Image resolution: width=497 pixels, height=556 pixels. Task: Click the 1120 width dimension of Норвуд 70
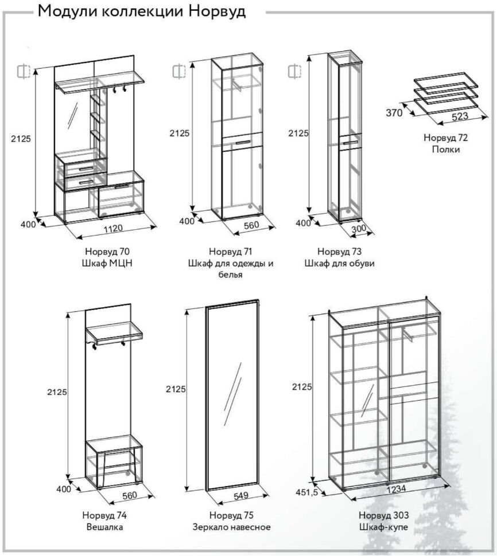[114, 228]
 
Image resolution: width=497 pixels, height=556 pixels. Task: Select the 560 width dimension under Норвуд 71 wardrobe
[252, 225]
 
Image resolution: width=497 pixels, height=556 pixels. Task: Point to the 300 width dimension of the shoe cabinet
[358, 229]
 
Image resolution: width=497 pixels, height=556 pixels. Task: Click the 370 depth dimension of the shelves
[394, 113]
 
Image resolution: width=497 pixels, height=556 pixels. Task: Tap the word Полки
[446, 149]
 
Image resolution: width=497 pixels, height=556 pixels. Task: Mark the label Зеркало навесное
[231, 527]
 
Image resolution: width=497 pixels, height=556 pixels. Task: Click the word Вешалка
[104, 527]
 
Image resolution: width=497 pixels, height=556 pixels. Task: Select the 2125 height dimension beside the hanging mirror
[176, 389]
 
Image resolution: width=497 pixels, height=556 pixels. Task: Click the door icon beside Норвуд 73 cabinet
[294, 71]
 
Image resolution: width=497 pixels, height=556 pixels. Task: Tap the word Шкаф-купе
[383, 527]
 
